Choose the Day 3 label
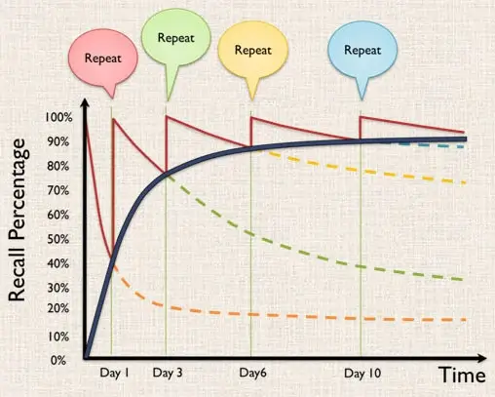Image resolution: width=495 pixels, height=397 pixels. (168, 373)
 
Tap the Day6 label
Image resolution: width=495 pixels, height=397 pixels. (252, 373)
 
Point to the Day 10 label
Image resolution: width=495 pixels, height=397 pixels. (362, 373)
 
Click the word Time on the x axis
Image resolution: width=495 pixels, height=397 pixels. (461, 375)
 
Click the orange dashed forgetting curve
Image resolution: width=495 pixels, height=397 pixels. (292, 316)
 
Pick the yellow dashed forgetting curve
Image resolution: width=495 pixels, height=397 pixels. (390, 172)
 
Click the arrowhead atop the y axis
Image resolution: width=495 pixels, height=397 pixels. (86, 104)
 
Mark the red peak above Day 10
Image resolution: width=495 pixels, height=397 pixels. (361, 118)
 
